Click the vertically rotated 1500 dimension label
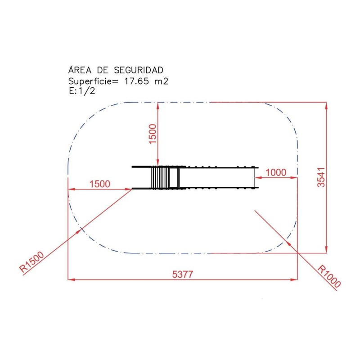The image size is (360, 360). coord(153,134)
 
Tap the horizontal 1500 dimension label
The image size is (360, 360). coord(99,184)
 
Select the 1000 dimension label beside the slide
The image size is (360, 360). coord(276,172)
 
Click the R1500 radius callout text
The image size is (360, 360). coord(32,262)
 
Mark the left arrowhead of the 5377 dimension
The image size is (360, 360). coord(71,279)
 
